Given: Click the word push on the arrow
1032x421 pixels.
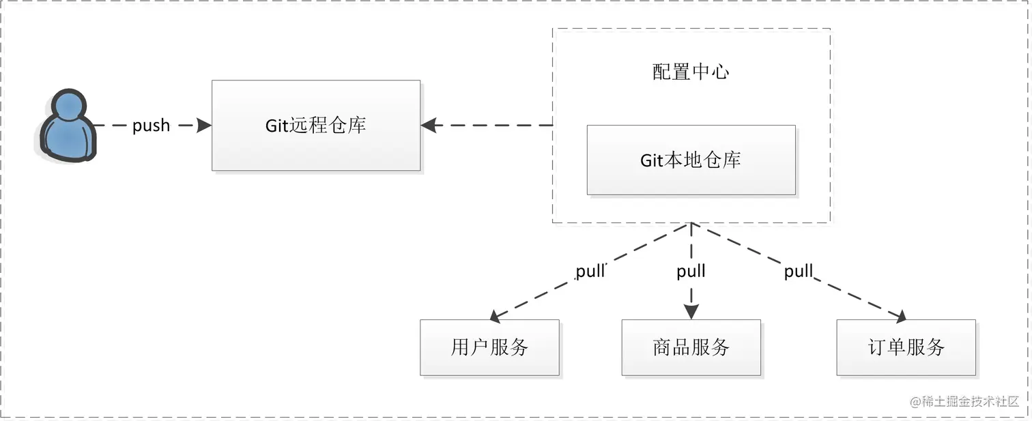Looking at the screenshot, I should [x=151, y=126].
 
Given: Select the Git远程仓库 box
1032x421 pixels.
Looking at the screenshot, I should [x=316, y=126].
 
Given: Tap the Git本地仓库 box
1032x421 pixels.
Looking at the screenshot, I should [x=691, y=160].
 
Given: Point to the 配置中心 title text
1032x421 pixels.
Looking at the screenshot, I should [x=691, y=72].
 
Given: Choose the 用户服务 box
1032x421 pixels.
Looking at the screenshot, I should [x=489, y=347].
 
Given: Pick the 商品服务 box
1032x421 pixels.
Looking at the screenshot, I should [x=691, y=347].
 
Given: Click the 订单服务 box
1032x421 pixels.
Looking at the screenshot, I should [x=906, y=347].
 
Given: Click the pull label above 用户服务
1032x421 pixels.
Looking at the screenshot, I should [x=590, y=271].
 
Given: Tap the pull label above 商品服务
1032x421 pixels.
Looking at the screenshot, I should [x=691, y=271].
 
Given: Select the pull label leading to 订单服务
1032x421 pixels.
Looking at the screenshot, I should [x=798, y=271].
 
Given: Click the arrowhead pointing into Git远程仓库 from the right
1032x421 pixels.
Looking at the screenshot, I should [x=429, y=126].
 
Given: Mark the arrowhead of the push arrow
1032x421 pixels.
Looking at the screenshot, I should [x=203, y=126].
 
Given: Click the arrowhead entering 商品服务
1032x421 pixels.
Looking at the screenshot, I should [x=691, y=312].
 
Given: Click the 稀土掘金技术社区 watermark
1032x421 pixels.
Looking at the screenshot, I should [x=964, y=401].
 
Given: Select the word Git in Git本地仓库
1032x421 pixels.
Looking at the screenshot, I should [x=651, y=160].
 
